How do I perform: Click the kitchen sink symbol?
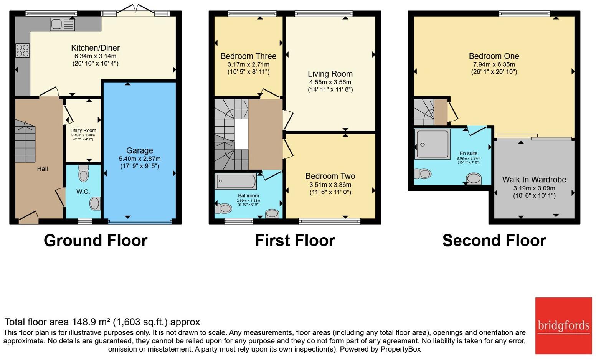62,25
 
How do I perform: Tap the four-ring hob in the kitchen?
22,50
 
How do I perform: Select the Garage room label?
140,150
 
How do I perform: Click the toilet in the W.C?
83,175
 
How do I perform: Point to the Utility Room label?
83,130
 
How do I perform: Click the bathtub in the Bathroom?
236,181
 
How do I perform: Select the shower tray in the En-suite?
433,144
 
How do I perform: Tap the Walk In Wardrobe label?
534,180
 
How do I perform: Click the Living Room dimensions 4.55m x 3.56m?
330,82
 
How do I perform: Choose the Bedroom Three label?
248,56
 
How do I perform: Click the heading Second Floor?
494,241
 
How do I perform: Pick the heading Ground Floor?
96,241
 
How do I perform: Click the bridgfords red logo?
563,325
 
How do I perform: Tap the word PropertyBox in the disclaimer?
400,349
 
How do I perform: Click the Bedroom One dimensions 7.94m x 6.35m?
494,64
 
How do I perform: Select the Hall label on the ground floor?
42,169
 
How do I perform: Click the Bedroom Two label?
330,176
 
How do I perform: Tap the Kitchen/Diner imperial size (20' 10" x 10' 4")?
96,63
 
